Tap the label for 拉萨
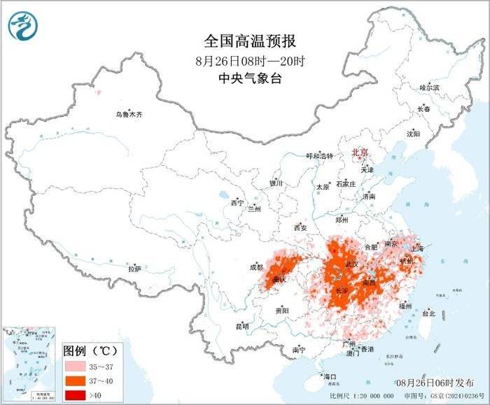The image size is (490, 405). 134,268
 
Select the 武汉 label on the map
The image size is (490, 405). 351,264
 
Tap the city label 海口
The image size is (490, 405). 330,377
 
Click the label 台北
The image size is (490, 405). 427,314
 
